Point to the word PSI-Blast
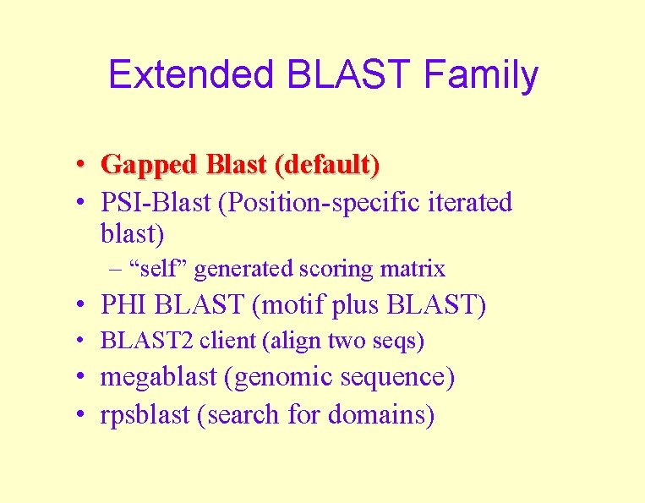click(x=156, y=203)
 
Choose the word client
click(x=230, y=342)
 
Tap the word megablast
click(x=158, y=377)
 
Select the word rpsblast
click(x=146, y=414)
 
